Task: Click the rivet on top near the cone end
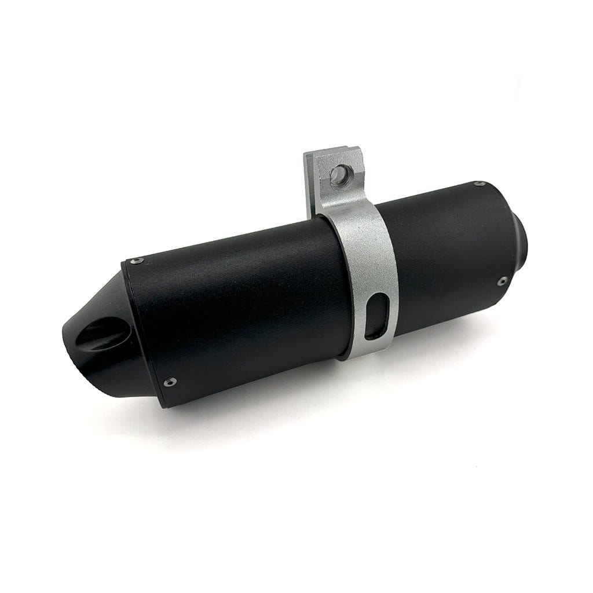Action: pos(136,261)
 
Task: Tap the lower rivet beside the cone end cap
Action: pos(169,382)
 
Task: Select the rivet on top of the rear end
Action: pos(479,184)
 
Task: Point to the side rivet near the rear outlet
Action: pos(502,281)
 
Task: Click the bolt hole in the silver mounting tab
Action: pos(340,174)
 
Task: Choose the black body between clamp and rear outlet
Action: pos(446,255)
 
